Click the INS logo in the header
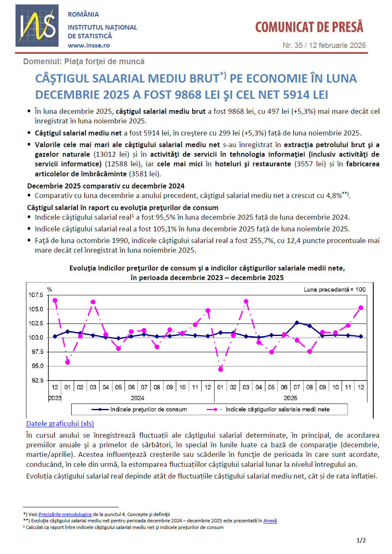pyautogui.click(x=37, y=25)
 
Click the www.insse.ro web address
pyautogui.click(x=89, y=45)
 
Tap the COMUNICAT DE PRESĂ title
pyautogui.click(x=309, y=27)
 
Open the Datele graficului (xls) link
pyautogui.click(x=60, y=424)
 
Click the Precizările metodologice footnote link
pyautogui.click(x=65, y=514)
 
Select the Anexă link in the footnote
pyautogui.click(x=270, y=521)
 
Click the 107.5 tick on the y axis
pyautogui.click(x=36, y=295)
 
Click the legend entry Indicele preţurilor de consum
pyautogui.click(x=148, y=409)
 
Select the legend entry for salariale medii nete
pyautogui.click(x=277, y=409)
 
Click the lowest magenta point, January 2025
pyautogui.click(x=220, y=369)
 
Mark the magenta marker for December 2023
pyautogui.click(x=55, y=301)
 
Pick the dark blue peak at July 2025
pyautogui.click(x=297, y=323)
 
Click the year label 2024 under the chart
pyautogui.click(x=137, y=398)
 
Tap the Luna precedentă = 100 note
pyautogui.click(x=335, y=289)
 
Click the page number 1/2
pyautogui.click(x=361, y=540)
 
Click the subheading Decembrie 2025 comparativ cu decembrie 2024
pyautogui.click(x=106, y=186)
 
